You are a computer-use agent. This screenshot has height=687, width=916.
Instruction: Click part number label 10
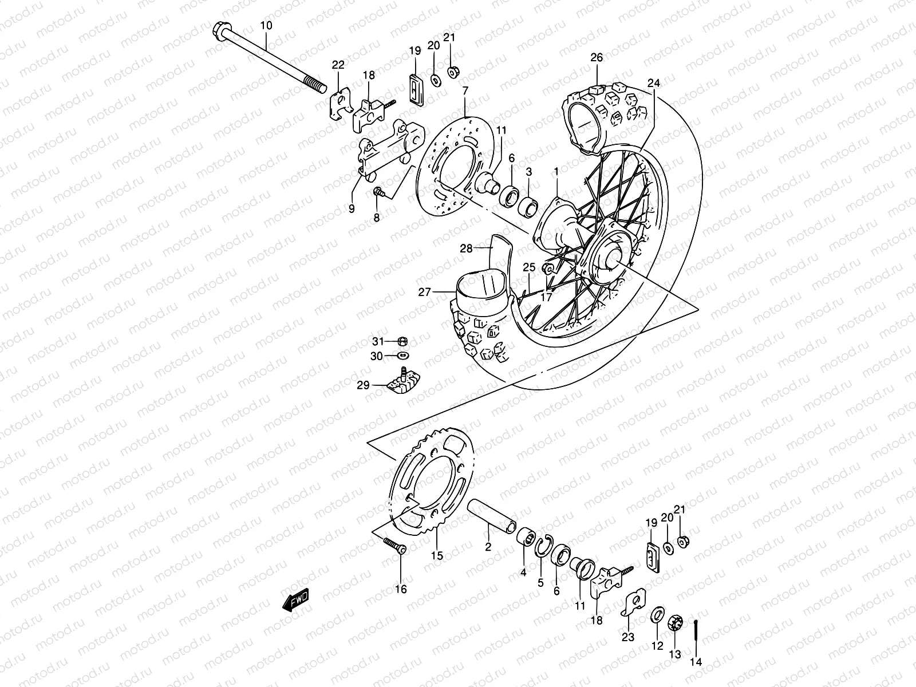click(x=266, y=26)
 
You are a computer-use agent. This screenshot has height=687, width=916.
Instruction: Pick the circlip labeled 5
click(x=543, y=546)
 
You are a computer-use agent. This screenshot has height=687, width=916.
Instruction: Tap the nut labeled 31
click(x=402, y=342)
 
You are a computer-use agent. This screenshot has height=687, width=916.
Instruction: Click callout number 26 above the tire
click(x=597, y=58)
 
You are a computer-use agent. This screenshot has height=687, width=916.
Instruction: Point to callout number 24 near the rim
click(x=654, y=84)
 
